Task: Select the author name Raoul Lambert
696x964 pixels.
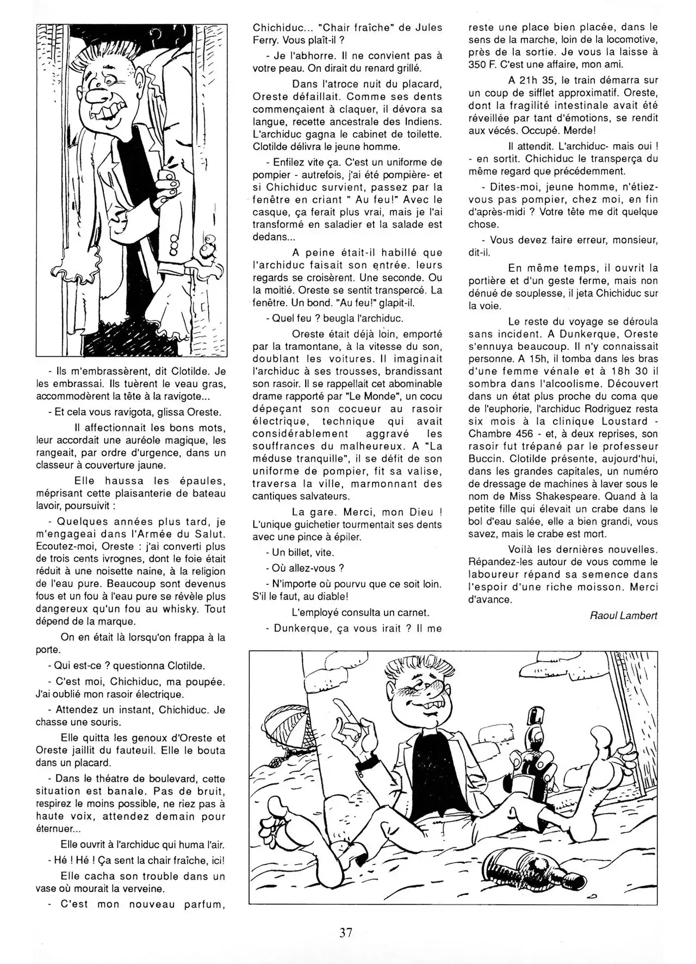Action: click(623, 615)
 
